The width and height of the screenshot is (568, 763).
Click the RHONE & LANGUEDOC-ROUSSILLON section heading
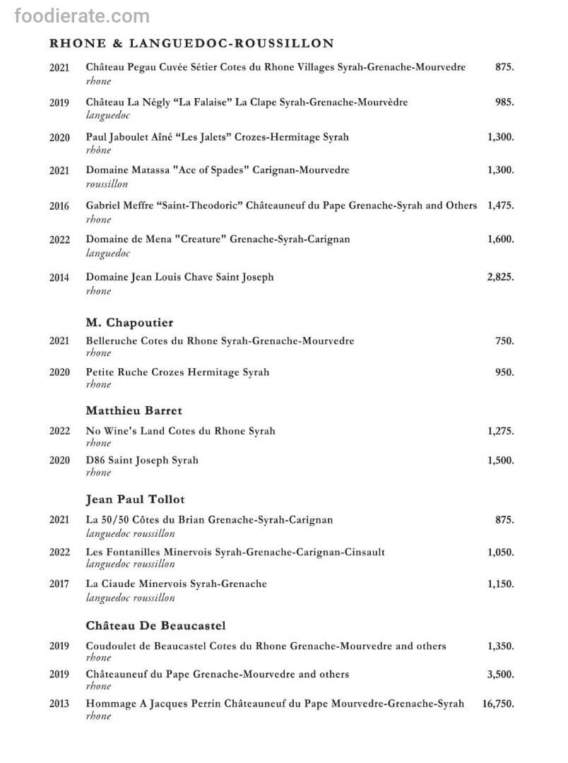[x=191, y=44]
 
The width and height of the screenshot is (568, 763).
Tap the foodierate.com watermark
[x=82, y=16]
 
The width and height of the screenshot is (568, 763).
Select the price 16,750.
[x=498, y=704]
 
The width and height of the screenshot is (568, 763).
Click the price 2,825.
[x=500, y=278]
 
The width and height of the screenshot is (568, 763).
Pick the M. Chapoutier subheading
[x=129, y=323]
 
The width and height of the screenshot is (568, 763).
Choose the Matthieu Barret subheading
[x=134, y=410]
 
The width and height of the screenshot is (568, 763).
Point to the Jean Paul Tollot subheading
[x=135, y=499]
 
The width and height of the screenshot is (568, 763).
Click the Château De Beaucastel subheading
[x=155, y=626]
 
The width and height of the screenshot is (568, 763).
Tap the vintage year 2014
[x=59, y=278]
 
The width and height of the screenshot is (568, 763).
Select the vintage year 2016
[x=59, y=206]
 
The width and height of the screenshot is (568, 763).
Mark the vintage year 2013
[x=59, y=704]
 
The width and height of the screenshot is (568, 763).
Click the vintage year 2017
[x=59, y=585]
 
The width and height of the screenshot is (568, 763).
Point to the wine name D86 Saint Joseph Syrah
[x=142, y=461]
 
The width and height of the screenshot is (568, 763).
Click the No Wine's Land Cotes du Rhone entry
[x=180, y=431]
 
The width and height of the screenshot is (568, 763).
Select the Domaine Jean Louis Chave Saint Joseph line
[x=179, y=278]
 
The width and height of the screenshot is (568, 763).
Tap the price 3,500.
[x=500, y=675]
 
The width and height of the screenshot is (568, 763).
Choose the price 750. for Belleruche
[x=504, y=341]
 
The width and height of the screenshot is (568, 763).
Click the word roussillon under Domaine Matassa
[x=107, y=184]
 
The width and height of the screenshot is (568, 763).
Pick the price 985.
[x=504, y=102]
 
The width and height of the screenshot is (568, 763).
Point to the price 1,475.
[x=500, y=206]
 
